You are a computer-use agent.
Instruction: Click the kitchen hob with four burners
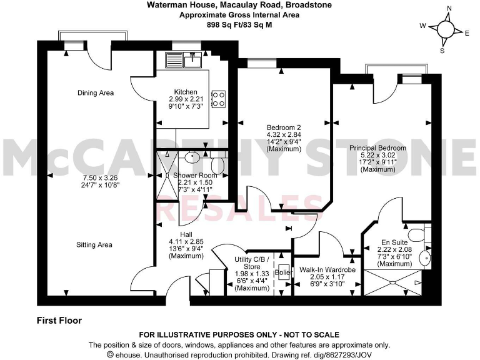point(219,98)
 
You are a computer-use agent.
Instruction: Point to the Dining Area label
point(96,93)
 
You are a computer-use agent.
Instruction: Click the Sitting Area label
point(94,245)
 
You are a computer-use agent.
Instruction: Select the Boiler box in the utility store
point(283,273)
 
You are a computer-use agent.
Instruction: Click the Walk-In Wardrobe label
point(327,270)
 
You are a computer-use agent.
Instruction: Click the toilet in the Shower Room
point(217,164)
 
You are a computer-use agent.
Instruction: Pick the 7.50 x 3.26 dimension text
point(96,177)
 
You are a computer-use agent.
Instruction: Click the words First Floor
point(59,321)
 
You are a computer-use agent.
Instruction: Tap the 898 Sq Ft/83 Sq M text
point(240,24)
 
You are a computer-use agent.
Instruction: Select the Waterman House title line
point(240,5)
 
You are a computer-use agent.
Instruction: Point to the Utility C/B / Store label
point(252,262)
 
